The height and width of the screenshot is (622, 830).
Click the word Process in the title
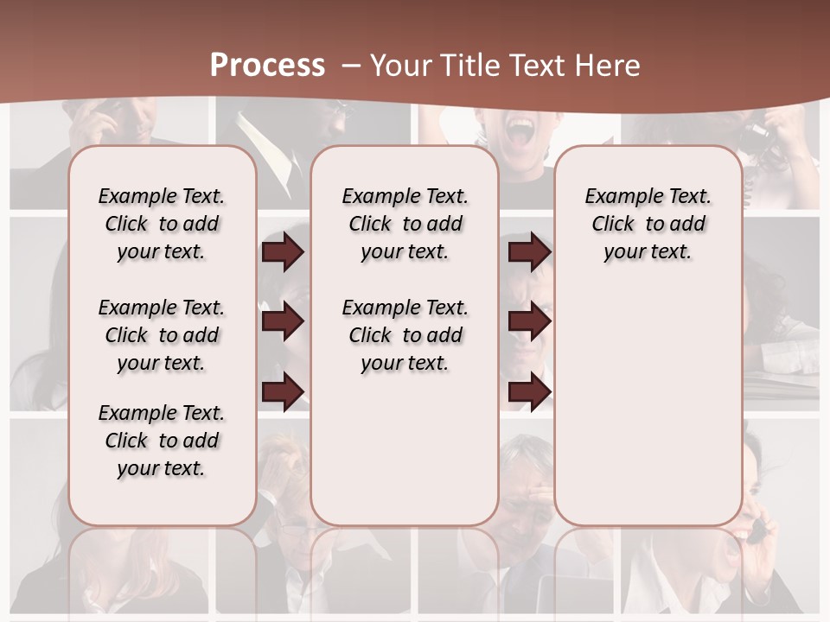(x=267, y=65)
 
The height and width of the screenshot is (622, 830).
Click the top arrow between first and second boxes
(x=282, y=251)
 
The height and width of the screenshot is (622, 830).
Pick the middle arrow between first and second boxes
(x=282, y=321)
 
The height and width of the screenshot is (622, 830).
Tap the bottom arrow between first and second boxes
(x=282, y=391)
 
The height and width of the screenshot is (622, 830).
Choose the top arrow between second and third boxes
(x=529, y=251)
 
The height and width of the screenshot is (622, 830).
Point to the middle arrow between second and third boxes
(x=529, y=321)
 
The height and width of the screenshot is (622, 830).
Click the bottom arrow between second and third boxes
(x=529, y=391)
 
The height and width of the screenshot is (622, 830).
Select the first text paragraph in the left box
(x=162, y=224)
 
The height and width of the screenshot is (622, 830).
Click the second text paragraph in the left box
(x=162, y=335)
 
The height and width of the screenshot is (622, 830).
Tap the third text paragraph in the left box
(x=162, y=441)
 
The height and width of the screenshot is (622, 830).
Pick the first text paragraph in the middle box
(x=405, y=224)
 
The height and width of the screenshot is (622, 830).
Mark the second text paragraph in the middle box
(x=405, y=335)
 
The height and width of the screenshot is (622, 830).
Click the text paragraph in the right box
(x=648, y=224)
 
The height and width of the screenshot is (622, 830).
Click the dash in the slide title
(x=352, y=65)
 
